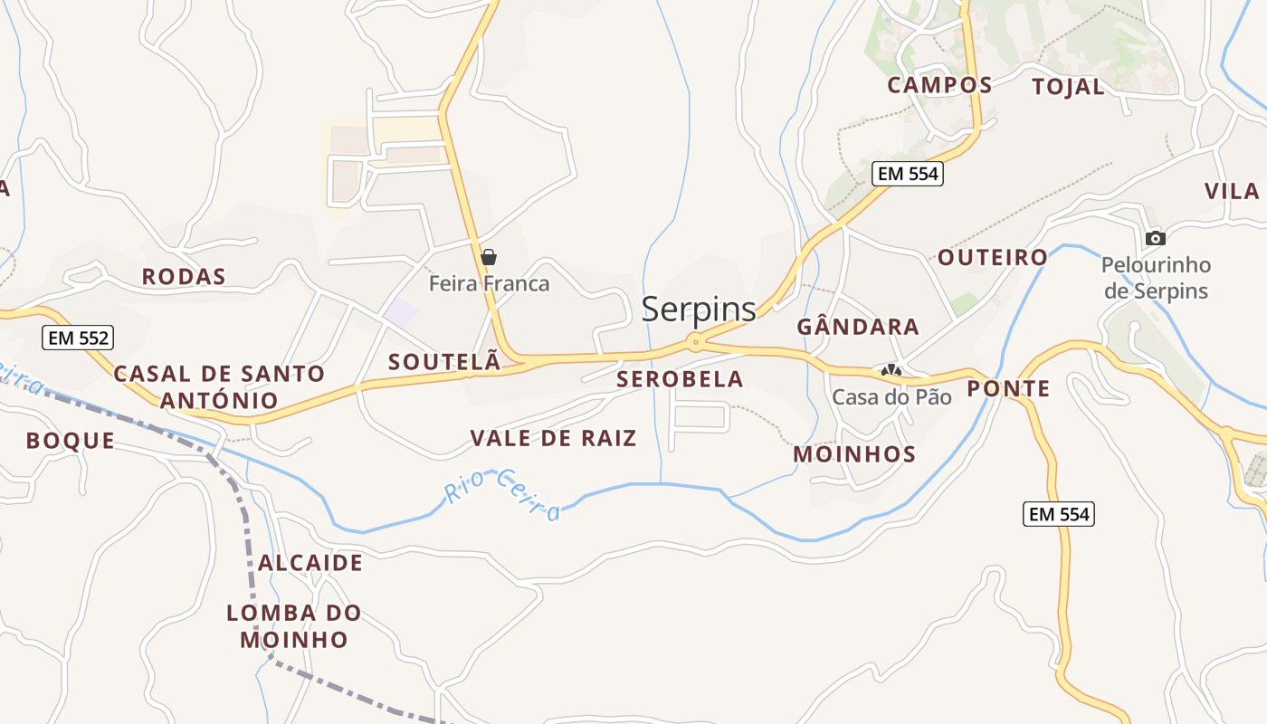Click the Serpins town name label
(x=699, y=310)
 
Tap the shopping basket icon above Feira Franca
(x=489, y=257)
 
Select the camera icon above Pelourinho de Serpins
(x=1155, y=238)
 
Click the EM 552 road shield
(x=77, y=338)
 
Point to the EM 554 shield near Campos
(x=908, y=174)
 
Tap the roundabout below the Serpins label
(x=695, y=342)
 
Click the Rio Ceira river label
(x=503, y=495)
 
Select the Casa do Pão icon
(x=891, y=370)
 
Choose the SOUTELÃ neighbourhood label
(x=444, y=362)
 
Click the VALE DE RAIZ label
(x=553, y=439)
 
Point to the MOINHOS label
(x=854, y=454)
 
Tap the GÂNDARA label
(x=858, y=327)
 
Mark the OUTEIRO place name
(x=992, y=257)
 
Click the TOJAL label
(x=1069, y=87)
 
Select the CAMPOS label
(x=939, y=85)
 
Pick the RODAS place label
(x=184, y=277)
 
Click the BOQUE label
(x=71, y=441)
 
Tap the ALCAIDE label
(x=310, y=563)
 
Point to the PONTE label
(x=1008, y=389)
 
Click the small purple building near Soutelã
(x=400, y=313)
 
